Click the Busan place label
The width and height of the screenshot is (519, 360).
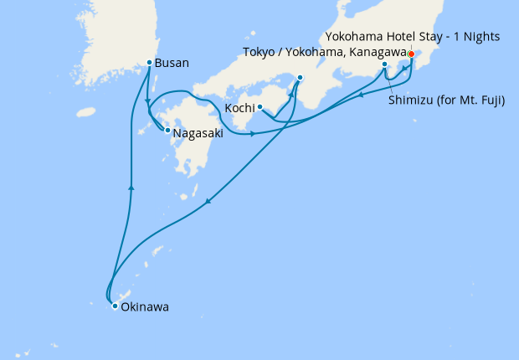tap(172, 63)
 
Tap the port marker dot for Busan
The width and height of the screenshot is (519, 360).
tap(150, 63)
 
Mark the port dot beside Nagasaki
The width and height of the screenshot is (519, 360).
tap(167, 130)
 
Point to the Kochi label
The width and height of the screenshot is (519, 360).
tap(239, 108)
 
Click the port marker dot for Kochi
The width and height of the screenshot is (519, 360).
tap(260, 106)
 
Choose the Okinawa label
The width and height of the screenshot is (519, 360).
tap(145, 307)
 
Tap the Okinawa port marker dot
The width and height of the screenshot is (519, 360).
tap(115, 306)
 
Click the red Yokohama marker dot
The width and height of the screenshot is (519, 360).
tap(411, 54)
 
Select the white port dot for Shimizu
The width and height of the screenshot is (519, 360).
tap(384, 64)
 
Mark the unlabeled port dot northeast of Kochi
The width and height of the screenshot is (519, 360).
tap(300, 79)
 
